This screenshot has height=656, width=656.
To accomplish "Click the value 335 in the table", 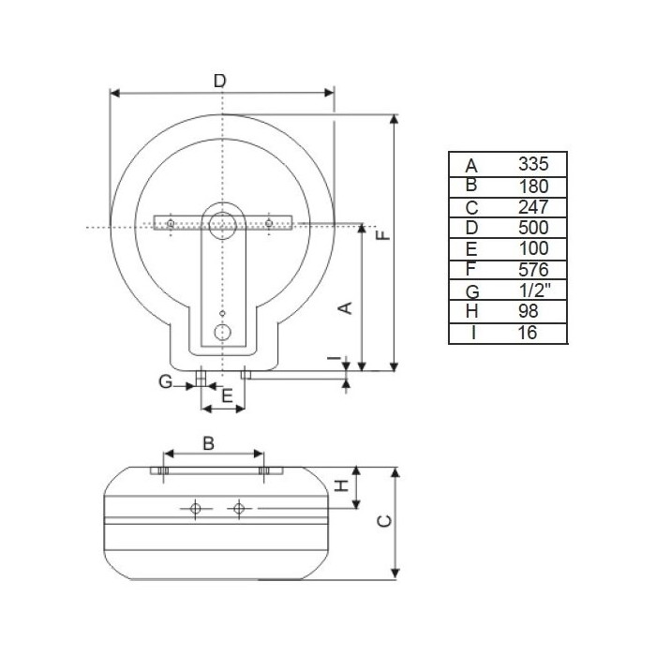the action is click(533, 164).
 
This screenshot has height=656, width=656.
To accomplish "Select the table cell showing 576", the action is click(533, 270).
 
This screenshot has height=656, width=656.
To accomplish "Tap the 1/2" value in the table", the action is click(534, 290).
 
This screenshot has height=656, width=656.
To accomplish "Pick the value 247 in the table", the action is click(533, 207).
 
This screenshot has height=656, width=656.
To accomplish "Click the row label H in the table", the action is click(471, 311).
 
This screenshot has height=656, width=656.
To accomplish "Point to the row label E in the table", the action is click(471, 249).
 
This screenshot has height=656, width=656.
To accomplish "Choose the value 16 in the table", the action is click(527, 333).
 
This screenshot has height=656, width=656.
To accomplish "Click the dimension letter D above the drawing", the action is click(219, 81).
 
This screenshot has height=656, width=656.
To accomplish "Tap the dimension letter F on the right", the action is click(382, 235).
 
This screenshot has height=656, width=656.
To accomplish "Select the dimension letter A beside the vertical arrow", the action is click(345, 308).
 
